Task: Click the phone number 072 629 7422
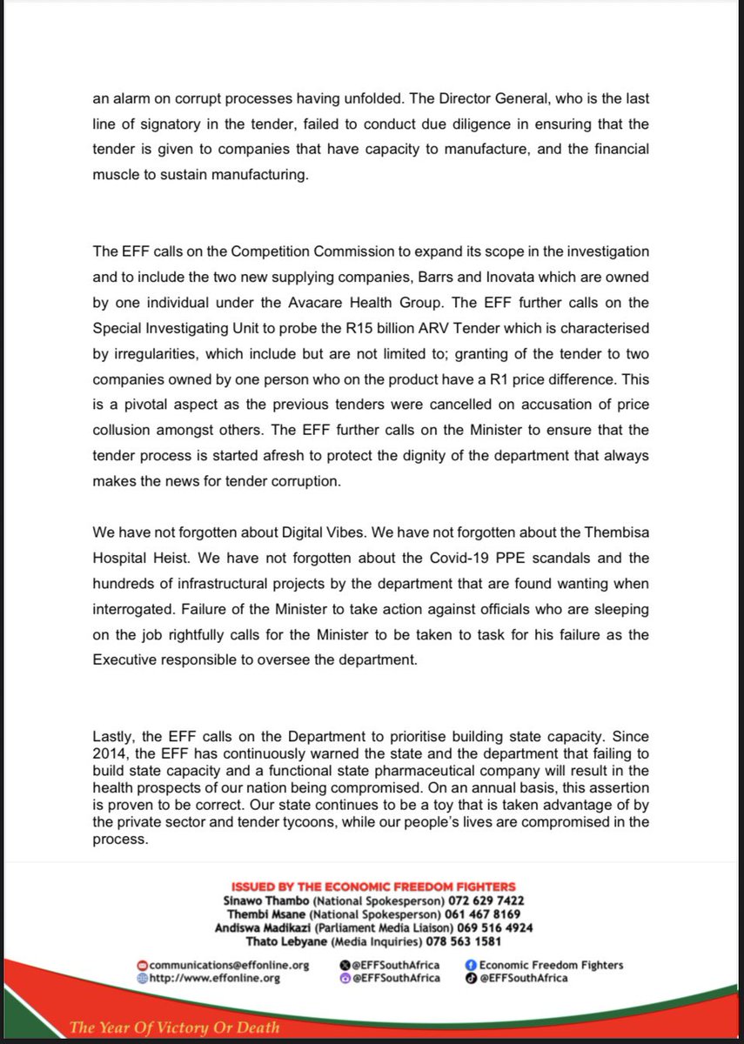[x=486, y=900]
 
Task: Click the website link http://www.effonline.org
[x=214, y=978]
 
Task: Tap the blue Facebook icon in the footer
[x=471, y=965]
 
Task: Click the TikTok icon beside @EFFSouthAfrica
[x=471, y=978]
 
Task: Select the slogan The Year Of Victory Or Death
[x=175, y=1027]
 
